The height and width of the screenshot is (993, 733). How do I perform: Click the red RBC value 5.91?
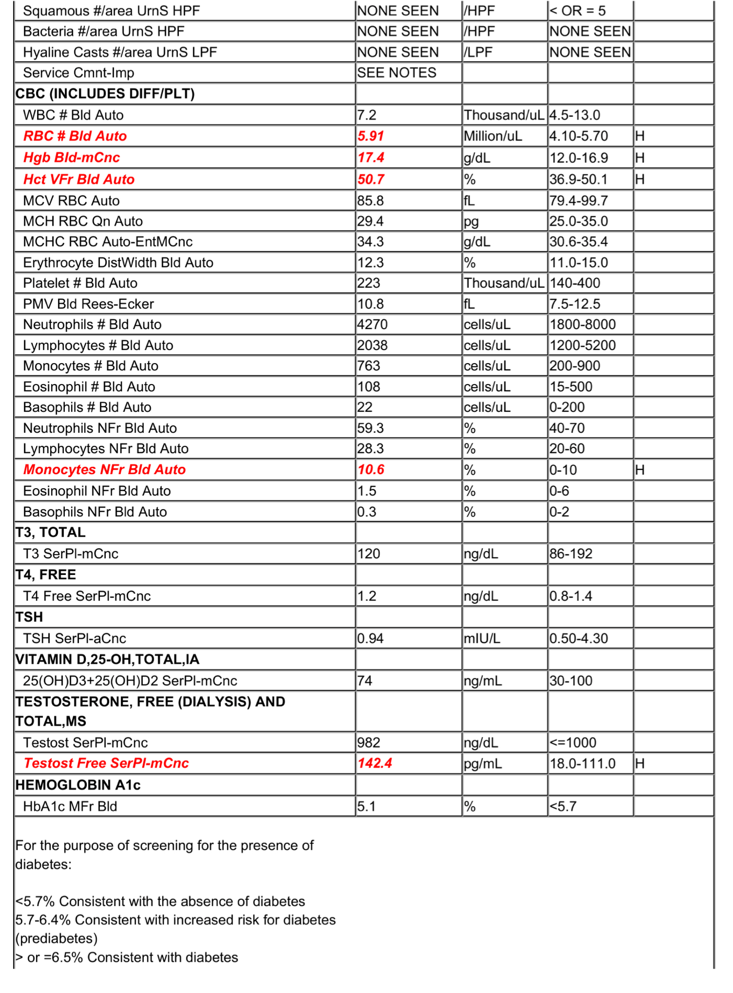(x=370, y=136)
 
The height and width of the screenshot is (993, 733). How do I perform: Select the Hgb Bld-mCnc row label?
(x=72, y=157)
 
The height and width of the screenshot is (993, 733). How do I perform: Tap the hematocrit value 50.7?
(x=370, y=179)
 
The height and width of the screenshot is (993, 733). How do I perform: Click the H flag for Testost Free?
(x=639, y=763)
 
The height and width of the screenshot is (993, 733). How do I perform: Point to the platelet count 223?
(x=368, y=283)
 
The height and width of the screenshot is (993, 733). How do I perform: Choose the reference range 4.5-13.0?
(x=574, y=115)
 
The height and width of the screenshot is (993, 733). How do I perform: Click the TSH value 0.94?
(x=370, y=638)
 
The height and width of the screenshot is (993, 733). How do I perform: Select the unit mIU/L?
(x=482, y=638)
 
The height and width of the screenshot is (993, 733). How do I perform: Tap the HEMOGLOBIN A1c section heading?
(x=78, y=785)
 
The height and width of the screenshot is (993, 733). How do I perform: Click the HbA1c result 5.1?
(x=366, y=806)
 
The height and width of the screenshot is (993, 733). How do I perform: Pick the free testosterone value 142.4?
(x=375, y=763)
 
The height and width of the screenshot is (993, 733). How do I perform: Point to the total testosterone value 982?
(x=368, y=742)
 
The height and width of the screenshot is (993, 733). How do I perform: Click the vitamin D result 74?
(x=365, y=681)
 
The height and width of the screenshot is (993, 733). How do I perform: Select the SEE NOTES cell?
(x=397, y=73)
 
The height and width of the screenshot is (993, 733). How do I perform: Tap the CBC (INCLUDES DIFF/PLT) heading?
(x=105, y=94)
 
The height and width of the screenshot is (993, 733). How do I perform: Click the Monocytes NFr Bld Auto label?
(x=105, y=470)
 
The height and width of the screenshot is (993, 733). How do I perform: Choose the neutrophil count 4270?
(x=372, y=324)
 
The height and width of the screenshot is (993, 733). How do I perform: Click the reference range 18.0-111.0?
(x=582, y=763)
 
